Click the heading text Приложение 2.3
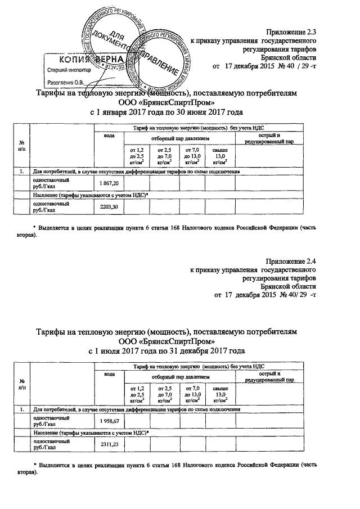(x=292, y=32)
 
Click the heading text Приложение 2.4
(x=291, y=261)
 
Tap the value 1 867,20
(x=109, y=184)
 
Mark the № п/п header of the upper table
(x=22, y=145)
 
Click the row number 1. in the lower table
(x=22, y=409)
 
